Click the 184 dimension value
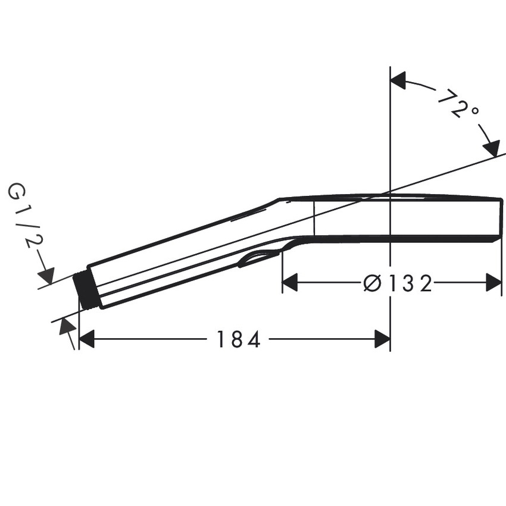pos(238,340)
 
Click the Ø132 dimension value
pos(397,284)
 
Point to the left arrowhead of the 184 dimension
pos(87,340)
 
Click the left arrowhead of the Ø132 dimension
pos(290,283)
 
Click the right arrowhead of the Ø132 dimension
pos(493,283)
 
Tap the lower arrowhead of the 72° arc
pos(492,148)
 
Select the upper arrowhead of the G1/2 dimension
pos(46,276)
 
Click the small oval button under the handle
pos(257,258)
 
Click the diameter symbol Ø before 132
pos(372,284)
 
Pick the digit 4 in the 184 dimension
pos(254,340)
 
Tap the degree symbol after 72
pos(473,112)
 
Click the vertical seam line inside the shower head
pos(314,219)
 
